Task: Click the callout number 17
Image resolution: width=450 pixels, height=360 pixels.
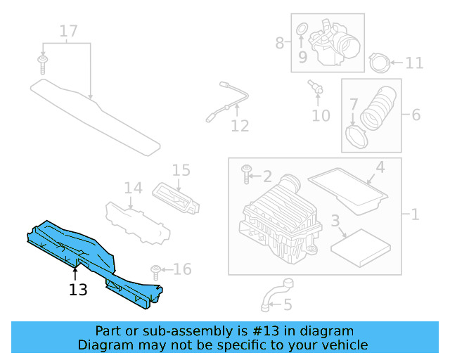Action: [68, 31]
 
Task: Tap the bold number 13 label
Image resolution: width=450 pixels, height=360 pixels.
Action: [78, 289]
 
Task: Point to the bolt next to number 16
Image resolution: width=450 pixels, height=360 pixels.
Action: [155, 271]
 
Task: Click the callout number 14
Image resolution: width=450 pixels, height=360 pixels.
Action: [134, 188]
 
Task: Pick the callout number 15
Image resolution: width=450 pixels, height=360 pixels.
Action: [181, 169]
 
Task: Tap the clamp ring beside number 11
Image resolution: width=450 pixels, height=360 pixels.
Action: [378, 63]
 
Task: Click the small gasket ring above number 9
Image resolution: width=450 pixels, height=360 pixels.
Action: [302, 29]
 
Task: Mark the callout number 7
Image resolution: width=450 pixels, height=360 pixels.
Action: [354, 103]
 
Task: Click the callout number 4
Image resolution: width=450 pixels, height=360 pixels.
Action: [379, 167]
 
